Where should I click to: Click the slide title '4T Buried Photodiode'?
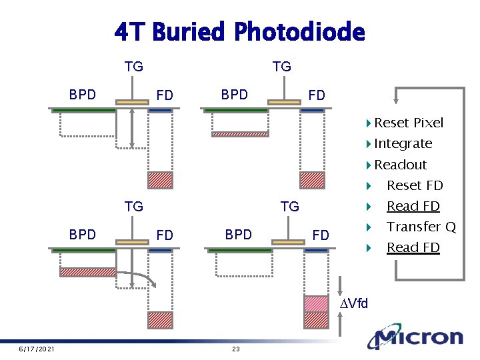239,31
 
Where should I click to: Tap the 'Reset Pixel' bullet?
408,123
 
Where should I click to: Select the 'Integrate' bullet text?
403,143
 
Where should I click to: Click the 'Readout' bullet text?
400,165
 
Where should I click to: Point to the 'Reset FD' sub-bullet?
415,185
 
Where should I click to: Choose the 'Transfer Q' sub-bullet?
421,227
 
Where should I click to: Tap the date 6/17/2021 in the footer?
36,349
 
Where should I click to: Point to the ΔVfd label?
354,305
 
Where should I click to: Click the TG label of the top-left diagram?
134,67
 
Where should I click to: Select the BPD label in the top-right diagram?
234,95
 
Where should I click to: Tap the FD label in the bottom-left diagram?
165,235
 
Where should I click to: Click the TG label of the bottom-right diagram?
290,207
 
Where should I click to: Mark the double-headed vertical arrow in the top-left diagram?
132,127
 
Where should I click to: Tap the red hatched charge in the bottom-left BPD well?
87,272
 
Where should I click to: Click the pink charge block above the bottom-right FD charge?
316,303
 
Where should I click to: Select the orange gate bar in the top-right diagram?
285,101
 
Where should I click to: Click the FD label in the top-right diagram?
317,95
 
